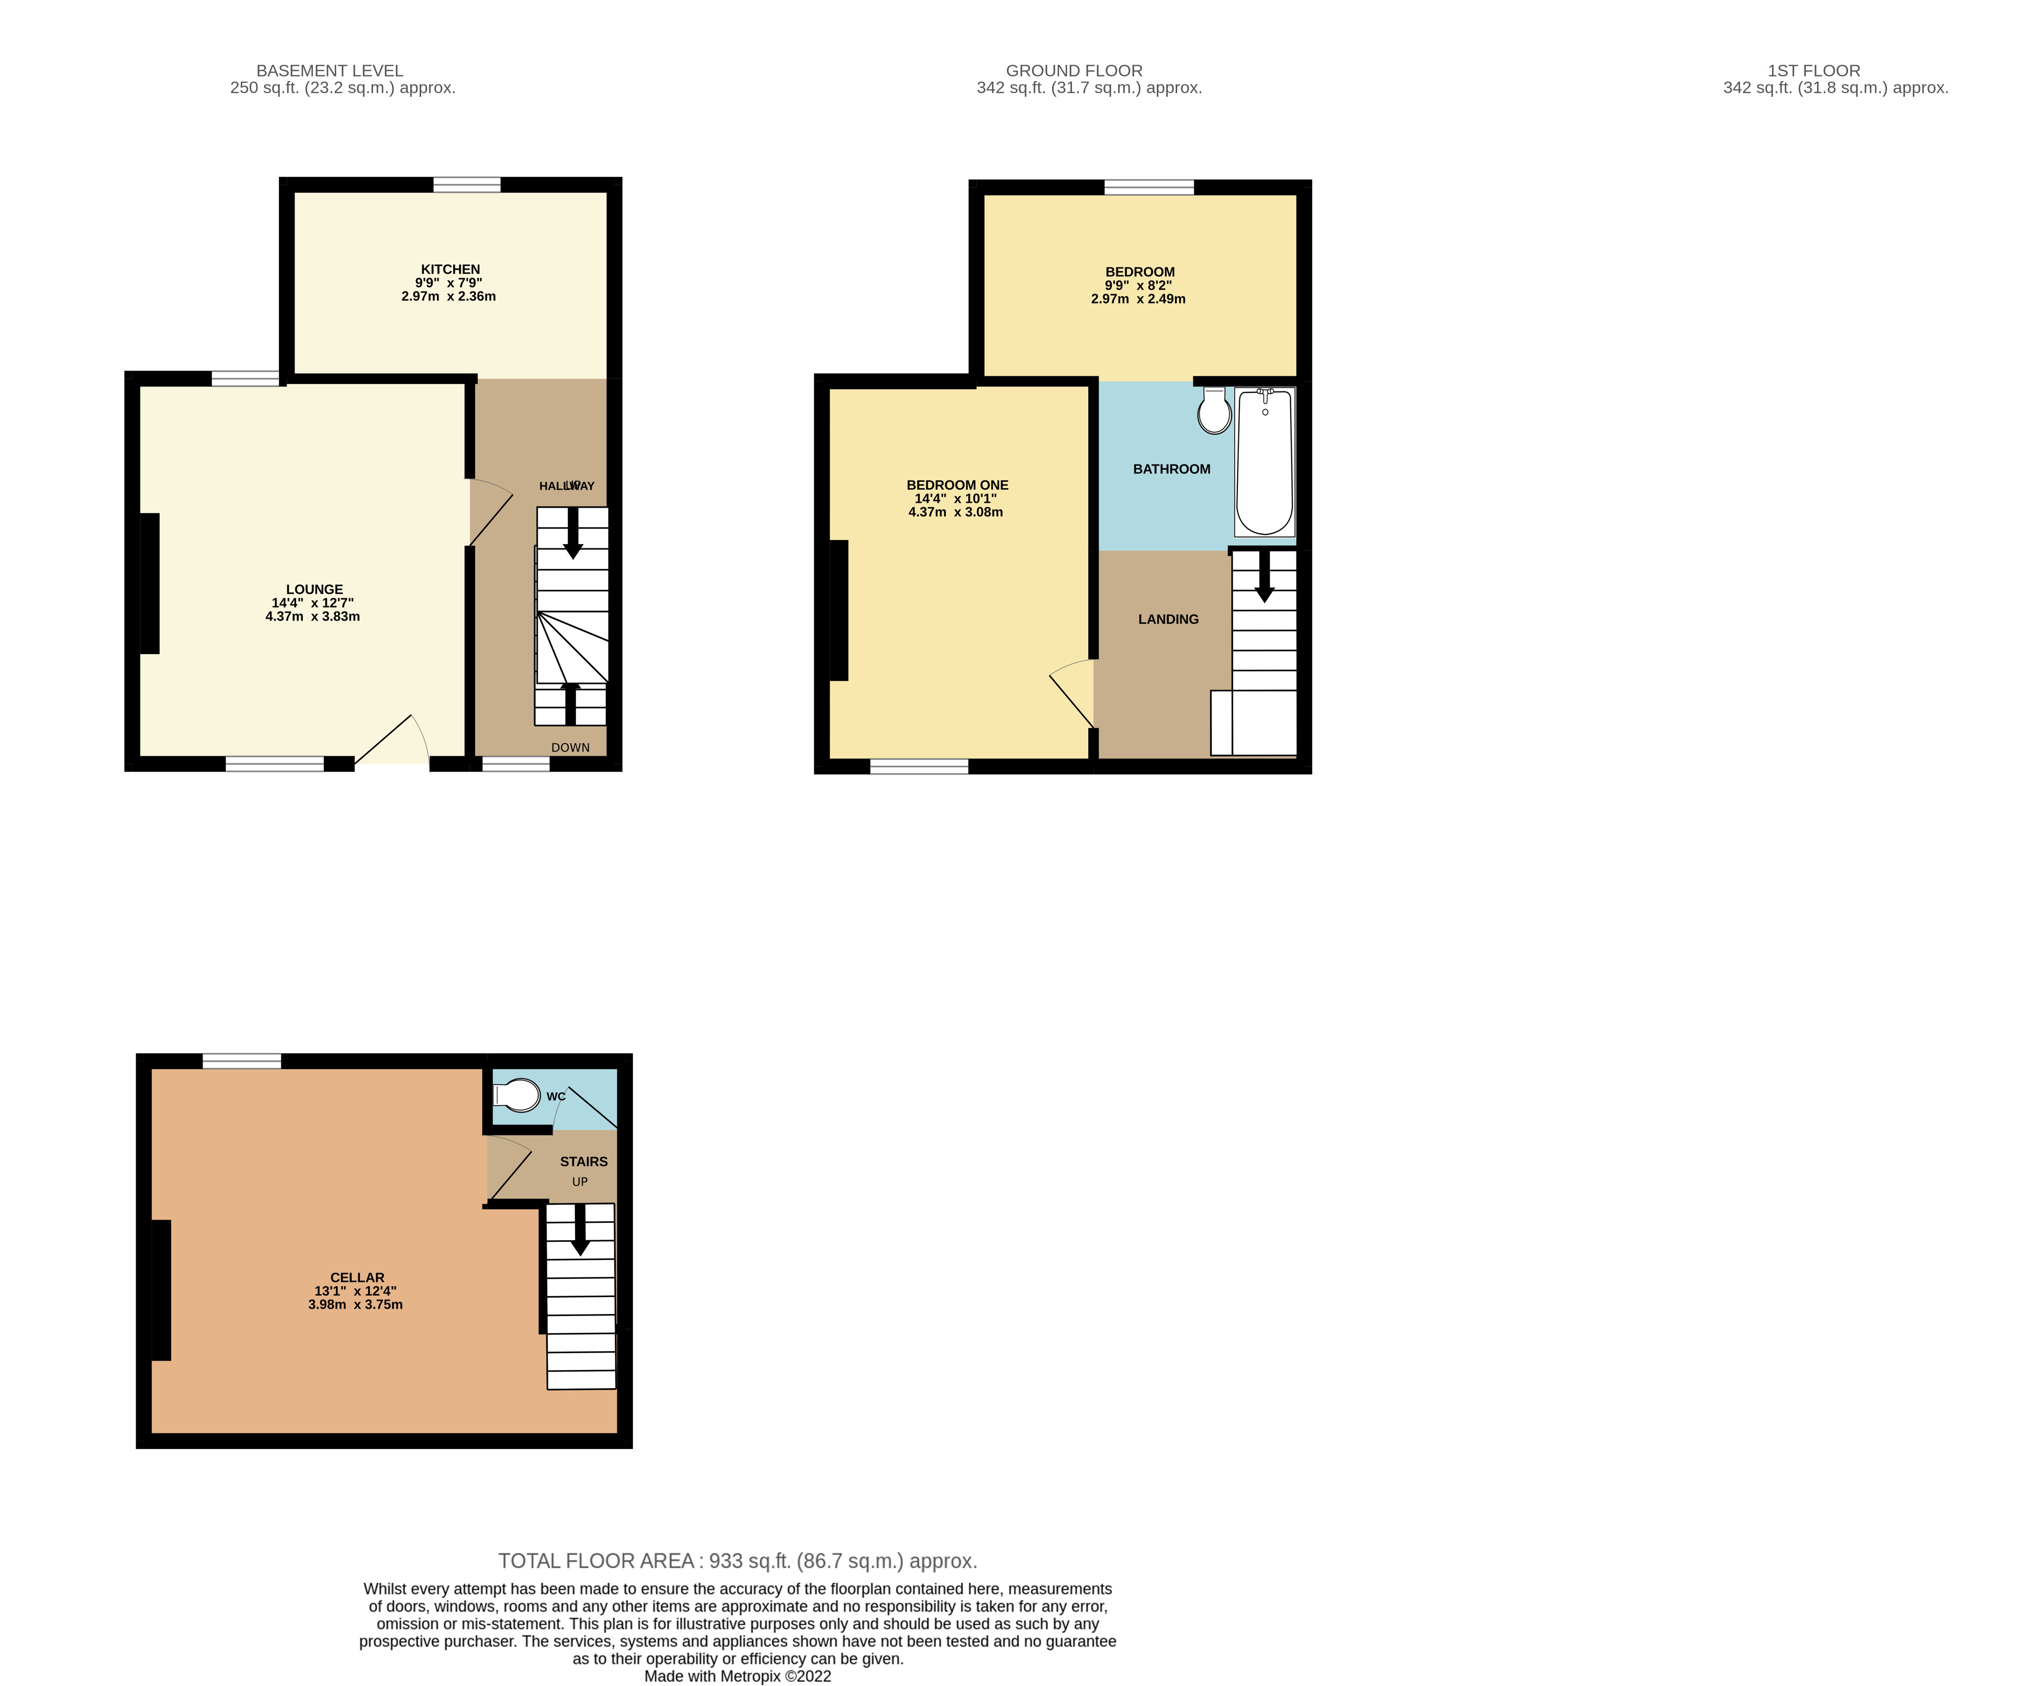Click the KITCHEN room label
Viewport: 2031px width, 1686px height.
[450, 269]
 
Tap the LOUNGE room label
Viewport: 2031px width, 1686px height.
[314, 589]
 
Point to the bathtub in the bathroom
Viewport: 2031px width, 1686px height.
[1264, 463]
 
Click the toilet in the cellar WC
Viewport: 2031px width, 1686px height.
[518, 1096]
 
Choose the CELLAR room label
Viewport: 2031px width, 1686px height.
[357, 1277]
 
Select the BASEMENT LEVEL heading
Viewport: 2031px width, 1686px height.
[330, 71]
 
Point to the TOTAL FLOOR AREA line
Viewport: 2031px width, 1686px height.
[737, 1560]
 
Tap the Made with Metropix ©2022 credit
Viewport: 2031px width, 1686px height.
[737, 1677]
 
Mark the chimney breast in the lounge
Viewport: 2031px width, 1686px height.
[150, 583]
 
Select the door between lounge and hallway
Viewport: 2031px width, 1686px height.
[489, 513]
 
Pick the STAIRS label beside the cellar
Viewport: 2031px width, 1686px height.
[583, 1161]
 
